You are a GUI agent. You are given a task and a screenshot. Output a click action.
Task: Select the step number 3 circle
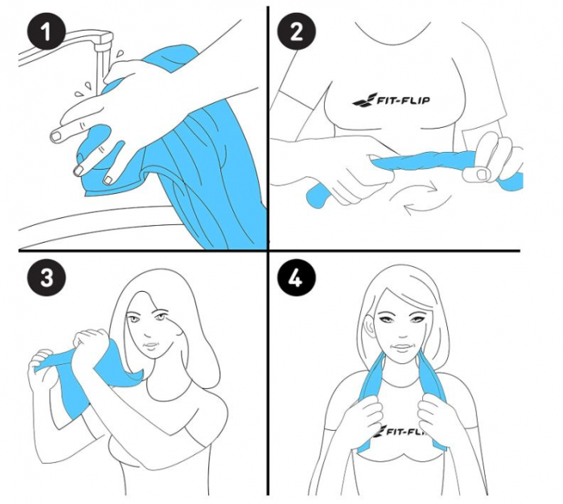(x=46, y=277)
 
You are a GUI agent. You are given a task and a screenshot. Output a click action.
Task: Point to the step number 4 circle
(x=296, y=277)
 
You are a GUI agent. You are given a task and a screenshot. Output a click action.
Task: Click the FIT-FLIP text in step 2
(x=402, y=100)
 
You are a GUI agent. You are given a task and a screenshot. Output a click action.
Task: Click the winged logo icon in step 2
(x=364, y=100)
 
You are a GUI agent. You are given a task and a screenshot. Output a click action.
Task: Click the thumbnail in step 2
(x=482, y=174)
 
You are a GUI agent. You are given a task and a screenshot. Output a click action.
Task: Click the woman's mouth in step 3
(x=151, y=346)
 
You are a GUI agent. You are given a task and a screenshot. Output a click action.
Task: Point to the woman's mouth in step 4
(x=401, y=346)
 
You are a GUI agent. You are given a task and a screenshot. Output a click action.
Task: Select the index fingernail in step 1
(x=56, y=136)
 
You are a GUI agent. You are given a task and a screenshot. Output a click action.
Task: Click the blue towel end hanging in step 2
(x=318, y=196)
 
